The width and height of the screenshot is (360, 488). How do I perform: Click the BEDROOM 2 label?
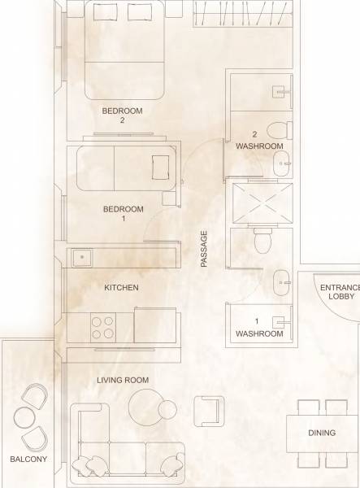[x=122, y=115]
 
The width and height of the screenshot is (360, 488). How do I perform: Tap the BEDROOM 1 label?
[x=123, y=213]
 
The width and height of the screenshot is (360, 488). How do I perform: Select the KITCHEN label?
[x=122, y=288]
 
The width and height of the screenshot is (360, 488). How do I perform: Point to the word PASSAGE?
[x=205, y=249]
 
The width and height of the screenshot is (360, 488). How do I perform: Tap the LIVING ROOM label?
[x=123, y=380]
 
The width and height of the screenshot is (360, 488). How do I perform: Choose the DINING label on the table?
[x=322, y=433]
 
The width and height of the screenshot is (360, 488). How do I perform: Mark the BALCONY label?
[x=28, y=460]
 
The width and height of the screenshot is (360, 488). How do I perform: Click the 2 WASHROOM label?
[x=258, y=141]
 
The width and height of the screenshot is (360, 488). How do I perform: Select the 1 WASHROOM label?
[x=258, y=328]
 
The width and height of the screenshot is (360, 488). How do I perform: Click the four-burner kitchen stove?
[x=103, y=327]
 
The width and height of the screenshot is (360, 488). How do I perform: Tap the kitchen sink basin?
[x=81, y=257]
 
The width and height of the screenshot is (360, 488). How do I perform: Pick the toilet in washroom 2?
[x=277, y=129]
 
